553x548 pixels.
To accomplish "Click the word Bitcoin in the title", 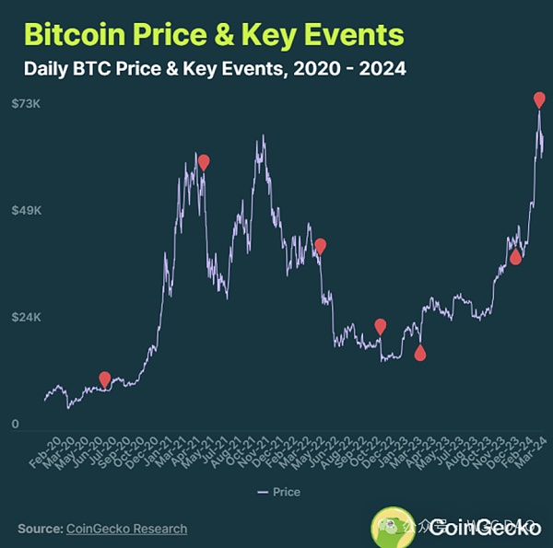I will click(76, 34).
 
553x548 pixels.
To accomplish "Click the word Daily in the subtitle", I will click(51, 68).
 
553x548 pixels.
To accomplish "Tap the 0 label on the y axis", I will click(16, 425).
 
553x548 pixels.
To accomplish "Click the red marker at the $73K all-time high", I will click(539, 99).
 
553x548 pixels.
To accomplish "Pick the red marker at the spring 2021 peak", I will click(204, 162).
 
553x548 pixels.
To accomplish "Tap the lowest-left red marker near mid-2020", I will click(105, 379).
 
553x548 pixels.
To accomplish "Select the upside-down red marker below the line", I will click(420, 353).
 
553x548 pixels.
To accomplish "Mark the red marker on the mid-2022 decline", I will click(321, 245).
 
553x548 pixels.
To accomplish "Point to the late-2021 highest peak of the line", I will click(264, 137).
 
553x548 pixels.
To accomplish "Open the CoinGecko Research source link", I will click(126, 529).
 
